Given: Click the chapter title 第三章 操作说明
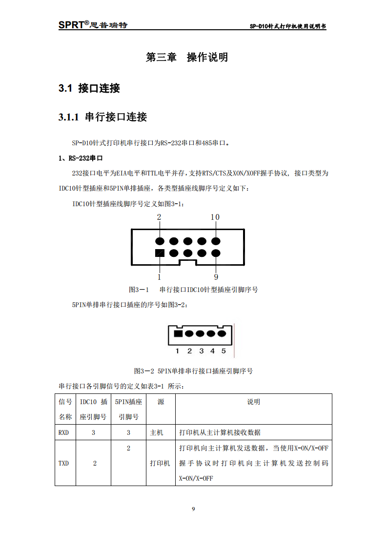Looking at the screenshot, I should click(187, 58).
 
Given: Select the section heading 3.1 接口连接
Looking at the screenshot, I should click(89, 88).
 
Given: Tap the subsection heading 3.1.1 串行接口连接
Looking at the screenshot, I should click(102, 117).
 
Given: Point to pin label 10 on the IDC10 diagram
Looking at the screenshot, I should click(215, 217).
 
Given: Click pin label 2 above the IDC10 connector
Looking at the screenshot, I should click(159, 217).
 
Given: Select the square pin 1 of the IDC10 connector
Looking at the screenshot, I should click(159, 253).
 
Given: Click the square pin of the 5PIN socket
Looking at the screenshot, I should click(178, 334).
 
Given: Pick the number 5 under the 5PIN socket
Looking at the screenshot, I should click(224, 351).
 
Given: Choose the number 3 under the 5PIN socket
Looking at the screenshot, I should click(201, 351).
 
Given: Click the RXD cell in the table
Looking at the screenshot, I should click(63, 432).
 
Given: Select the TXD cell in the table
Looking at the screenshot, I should click(63, 463).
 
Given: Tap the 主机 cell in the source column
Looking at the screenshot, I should click(157, 432).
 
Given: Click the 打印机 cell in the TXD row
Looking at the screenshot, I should click(160, 463).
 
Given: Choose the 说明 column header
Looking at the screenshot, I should click(253, 402).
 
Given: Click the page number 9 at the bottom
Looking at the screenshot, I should click(193, 509).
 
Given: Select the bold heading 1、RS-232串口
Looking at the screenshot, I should click(81, 158).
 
